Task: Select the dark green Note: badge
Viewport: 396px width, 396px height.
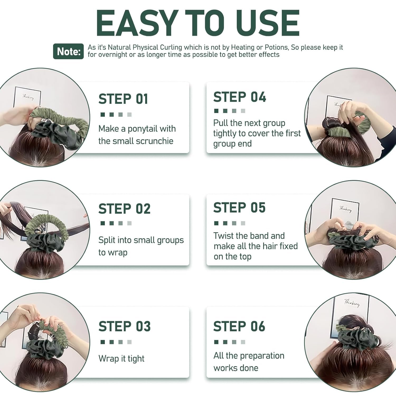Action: [68, 51]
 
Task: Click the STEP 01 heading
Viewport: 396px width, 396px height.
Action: [123, 99]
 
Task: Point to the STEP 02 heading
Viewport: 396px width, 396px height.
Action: [124, 209]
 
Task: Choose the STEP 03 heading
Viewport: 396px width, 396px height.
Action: [125, 326]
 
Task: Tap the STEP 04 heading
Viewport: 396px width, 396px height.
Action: [240, 97]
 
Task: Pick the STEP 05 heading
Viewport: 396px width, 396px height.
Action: [239, 208]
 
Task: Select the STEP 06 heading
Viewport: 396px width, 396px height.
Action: [239, 326]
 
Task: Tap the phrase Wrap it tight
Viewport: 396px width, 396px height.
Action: [121, 359]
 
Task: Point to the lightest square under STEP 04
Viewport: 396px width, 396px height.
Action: [243, 111]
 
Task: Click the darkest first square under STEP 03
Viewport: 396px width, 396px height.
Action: [103, 342]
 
